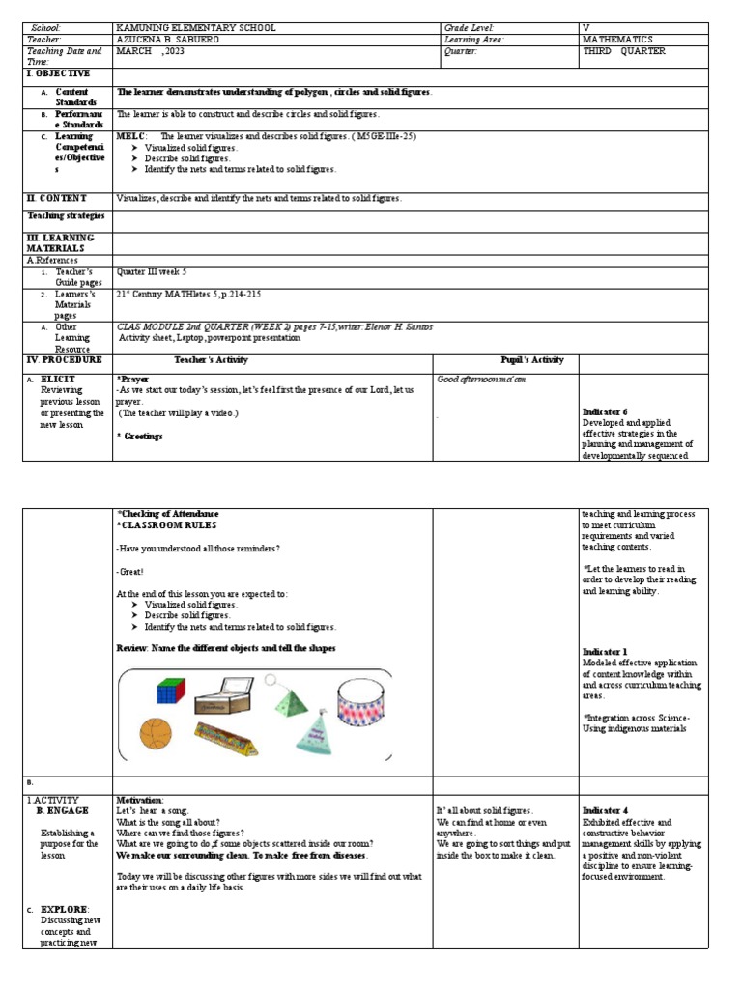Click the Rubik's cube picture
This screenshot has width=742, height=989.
click(170, 691)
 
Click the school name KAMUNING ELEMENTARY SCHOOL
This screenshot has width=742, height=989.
click(195, 28)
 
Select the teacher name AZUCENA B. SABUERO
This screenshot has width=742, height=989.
click(167, 40)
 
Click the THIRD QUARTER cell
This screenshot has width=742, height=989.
click(624, 51)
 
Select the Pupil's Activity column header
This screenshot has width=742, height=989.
click(531, 359)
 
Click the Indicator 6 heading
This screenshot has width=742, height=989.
click(604, 411)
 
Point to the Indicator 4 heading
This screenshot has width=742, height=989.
click(605, 809)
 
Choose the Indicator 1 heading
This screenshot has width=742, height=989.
click(605, 652)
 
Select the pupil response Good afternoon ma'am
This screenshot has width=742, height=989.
click(481, 380)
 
